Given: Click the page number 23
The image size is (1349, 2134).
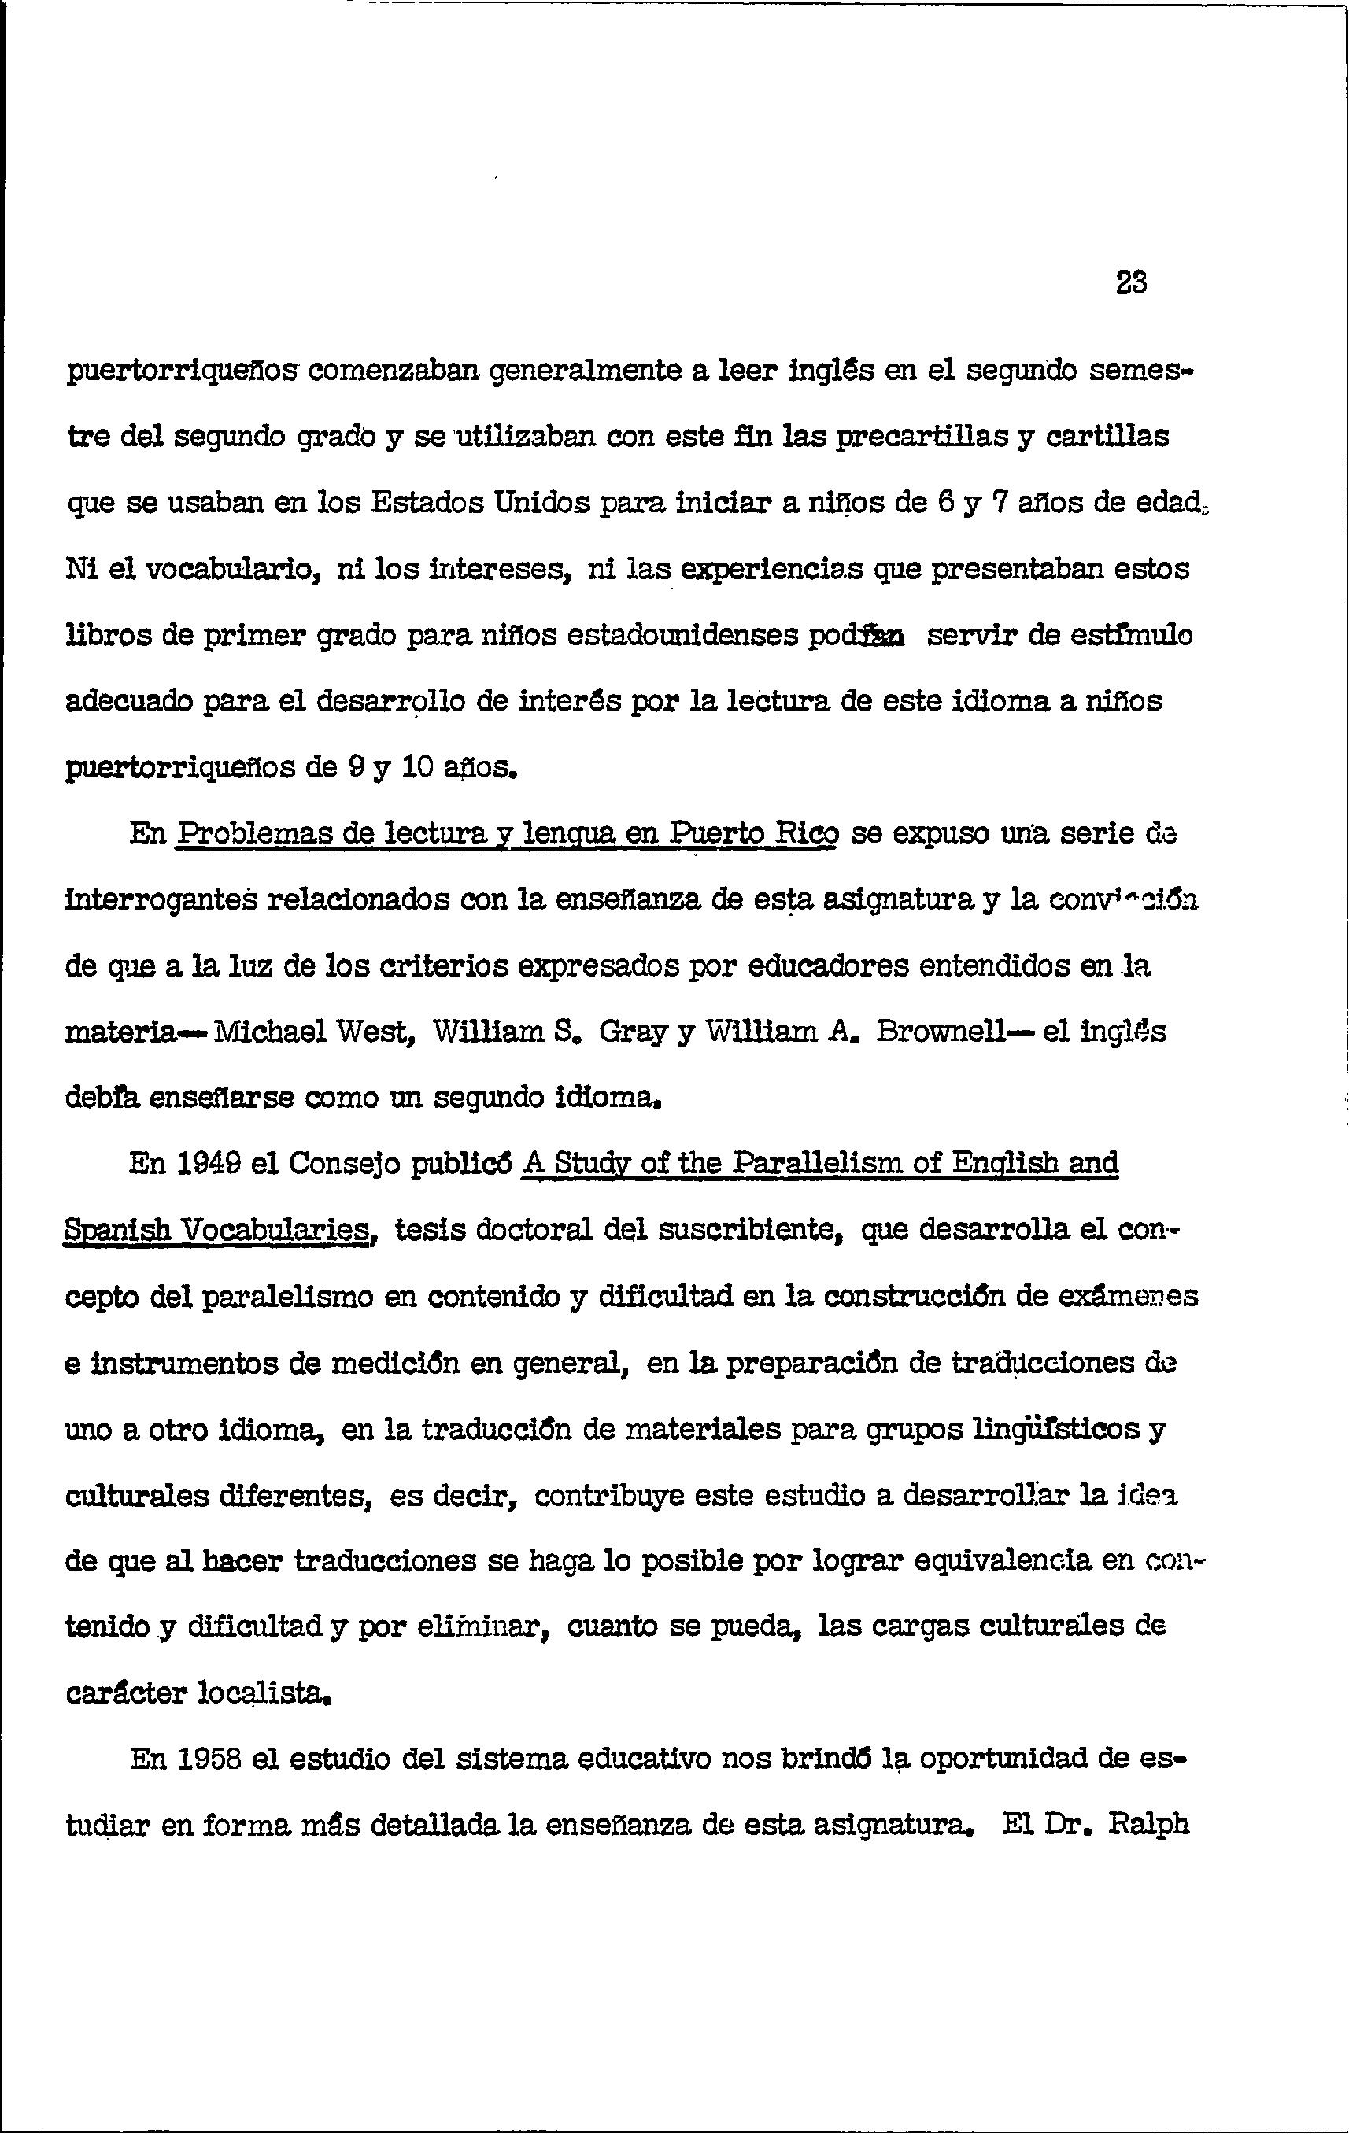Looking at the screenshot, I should (x=1131, y=282).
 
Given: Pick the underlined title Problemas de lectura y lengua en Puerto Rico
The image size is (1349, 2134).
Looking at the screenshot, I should (x=507, y=834).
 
